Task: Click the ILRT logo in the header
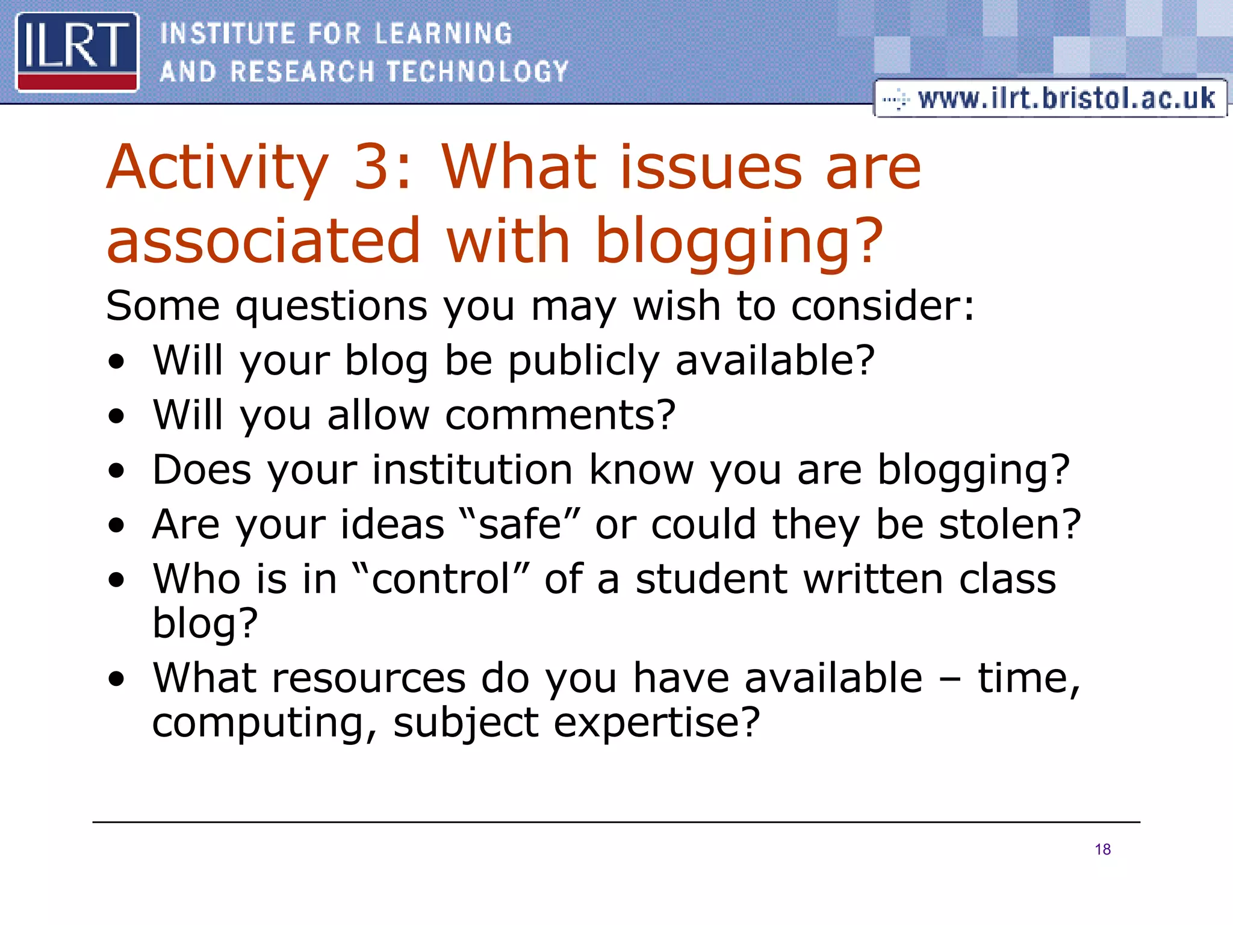(x=77, y=52)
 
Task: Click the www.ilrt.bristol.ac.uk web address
(x=1066, y=98)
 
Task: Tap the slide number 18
(x=1102, y=850)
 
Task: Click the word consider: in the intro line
(x=882, y=306)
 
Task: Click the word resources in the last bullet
(x=368, y=678)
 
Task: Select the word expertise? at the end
(x=657, y=722)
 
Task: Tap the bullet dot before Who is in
(x=117, y=580)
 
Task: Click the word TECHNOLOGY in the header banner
(x=477, y=72)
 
